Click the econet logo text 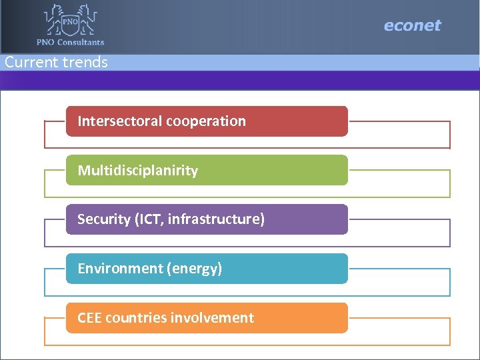point(412,26)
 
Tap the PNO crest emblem point(70,20)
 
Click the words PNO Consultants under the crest point(71,42)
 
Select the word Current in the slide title point(31,62)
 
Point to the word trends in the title point(84,62)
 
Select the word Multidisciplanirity point(138,171)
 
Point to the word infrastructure point(215,219)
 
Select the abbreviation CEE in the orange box point(90,318)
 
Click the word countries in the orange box point(139,318)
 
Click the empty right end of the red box point(313,121)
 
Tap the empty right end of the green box point(313,171)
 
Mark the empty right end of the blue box point(313,269)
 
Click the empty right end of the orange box point(313,318)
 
